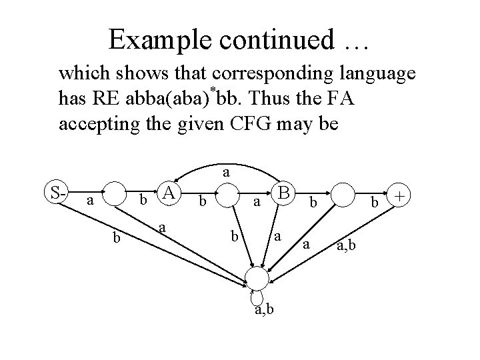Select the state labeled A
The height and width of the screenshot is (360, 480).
[x=170, y=194]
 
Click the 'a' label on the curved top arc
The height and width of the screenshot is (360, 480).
[x=227, y=172]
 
